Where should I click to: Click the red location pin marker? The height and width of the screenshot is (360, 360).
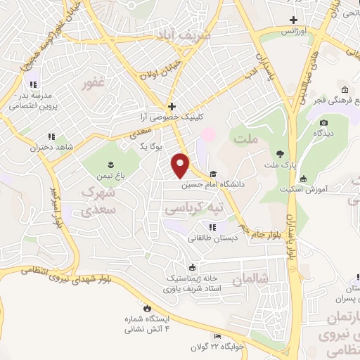coord(181,165)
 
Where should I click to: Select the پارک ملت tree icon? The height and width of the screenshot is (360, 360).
coord(280,154)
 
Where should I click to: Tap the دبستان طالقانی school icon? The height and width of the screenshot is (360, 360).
coord(213,226)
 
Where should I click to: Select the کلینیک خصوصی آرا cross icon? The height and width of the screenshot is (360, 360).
coord(172,106)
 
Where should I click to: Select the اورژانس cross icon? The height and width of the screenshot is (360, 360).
coord(294,20)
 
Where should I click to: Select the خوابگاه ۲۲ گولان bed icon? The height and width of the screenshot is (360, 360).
coord(217,338)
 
